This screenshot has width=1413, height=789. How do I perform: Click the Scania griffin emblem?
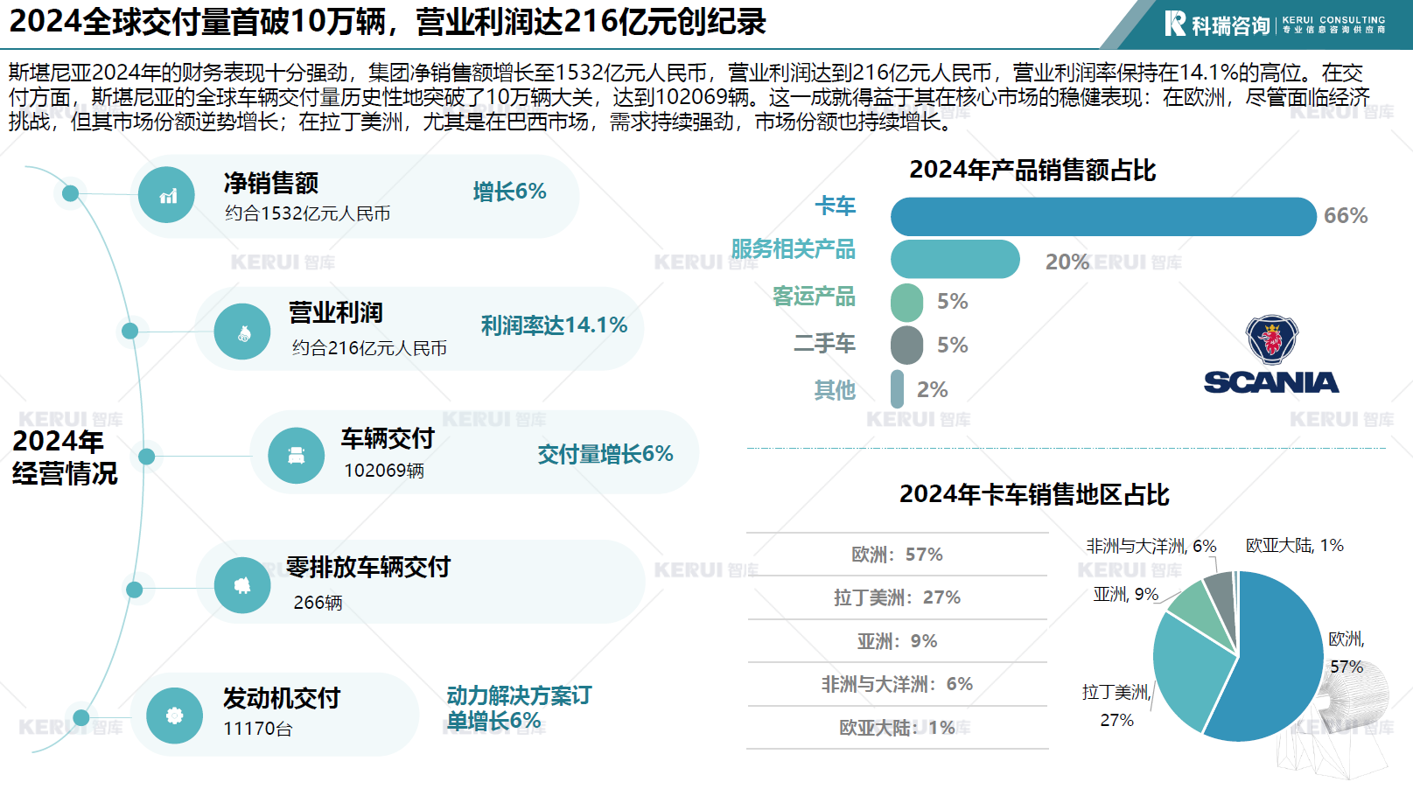coord(1271,339)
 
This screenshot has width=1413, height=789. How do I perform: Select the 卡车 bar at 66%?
coord(1102,216)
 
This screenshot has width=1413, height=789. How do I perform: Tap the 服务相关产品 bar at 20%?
coord(955,260)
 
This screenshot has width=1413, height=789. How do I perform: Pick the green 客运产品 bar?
coord(906,302)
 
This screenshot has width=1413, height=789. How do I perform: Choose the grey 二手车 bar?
coord(906,346)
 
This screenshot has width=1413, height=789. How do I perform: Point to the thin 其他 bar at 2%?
coord(897,389)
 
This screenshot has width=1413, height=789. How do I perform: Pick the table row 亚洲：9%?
coord(897,641)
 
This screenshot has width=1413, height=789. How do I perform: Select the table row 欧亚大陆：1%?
coord(897,728)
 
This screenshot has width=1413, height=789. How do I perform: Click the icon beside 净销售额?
coord(167,195)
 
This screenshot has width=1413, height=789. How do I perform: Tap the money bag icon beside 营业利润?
coord(242,332)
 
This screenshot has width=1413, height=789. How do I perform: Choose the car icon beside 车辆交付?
coord(297,456)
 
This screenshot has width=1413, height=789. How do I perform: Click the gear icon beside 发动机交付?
coord(174,716)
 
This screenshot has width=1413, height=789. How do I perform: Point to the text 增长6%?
coord(509,192)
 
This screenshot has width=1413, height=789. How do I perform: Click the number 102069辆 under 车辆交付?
coord(383,471)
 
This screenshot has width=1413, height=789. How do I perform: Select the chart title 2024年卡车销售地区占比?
coord(1034,495)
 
